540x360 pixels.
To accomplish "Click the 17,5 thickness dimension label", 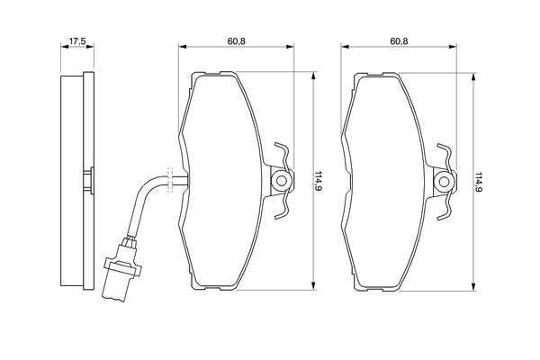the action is pos(77,41).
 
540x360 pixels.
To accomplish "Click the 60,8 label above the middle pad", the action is pos(236,41).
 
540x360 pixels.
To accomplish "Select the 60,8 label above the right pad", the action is pos(399,41).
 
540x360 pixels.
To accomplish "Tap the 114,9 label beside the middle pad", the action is pos(318,182).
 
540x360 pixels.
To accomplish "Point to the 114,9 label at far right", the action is pos(479,182).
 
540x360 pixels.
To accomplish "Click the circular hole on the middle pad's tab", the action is pos(282,181).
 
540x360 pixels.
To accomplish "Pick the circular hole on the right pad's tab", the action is pos(444,182).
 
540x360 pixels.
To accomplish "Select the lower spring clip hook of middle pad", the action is pos(283,206).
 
